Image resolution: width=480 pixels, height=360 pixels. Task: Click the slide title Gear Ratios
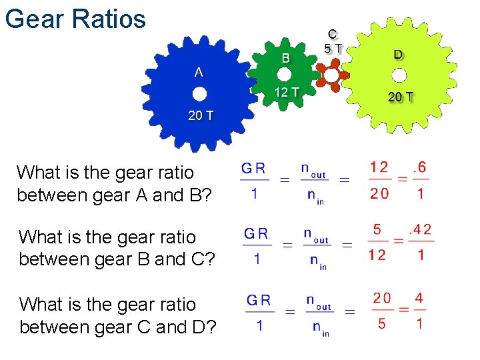(75, 18)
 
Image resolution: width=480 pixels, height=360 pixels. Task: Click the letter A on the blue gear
(199, 72)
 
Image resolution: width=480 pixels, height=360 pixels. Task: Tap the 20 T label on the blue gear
(200, 115)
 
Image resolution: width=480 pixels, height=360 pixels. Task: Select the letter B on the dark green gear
(285, 58)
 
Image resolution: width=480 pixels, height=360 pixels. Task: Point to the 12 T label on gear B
(287, 92)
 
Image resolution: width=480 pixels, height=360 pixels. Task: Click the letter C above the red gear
(333, 33)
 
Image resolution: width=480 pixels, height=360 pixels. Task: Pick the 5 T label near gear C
(333, 48)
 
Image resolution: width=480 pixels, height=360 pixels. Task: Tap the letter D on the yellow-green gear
(398, 55)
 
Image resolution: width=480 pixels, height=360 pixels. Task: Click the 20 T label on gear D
(401, 97)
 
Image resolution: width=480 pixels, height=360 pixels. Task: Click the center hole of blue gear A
(199, 94)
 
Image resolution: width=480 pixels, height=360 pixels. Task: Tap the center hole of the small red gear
(331, 75)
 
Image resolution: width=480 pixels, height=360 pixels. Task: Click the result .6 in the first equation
(421, 169)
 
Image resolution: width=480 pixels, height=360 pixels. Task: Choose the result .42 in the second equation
(419, 231)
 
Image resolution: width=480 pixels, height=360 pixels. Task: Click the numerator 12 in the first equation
(379, 167)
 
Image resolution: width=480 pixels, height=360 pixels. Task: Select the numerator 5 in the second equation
(377, 230)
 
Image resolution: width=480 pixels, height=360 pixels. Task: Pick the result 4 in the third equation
(419, 298)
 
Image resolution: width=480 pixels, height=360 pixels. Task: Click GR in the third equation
(259, 300)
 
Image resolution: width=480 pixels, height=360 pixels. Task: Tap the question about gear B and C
(117, 248)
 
